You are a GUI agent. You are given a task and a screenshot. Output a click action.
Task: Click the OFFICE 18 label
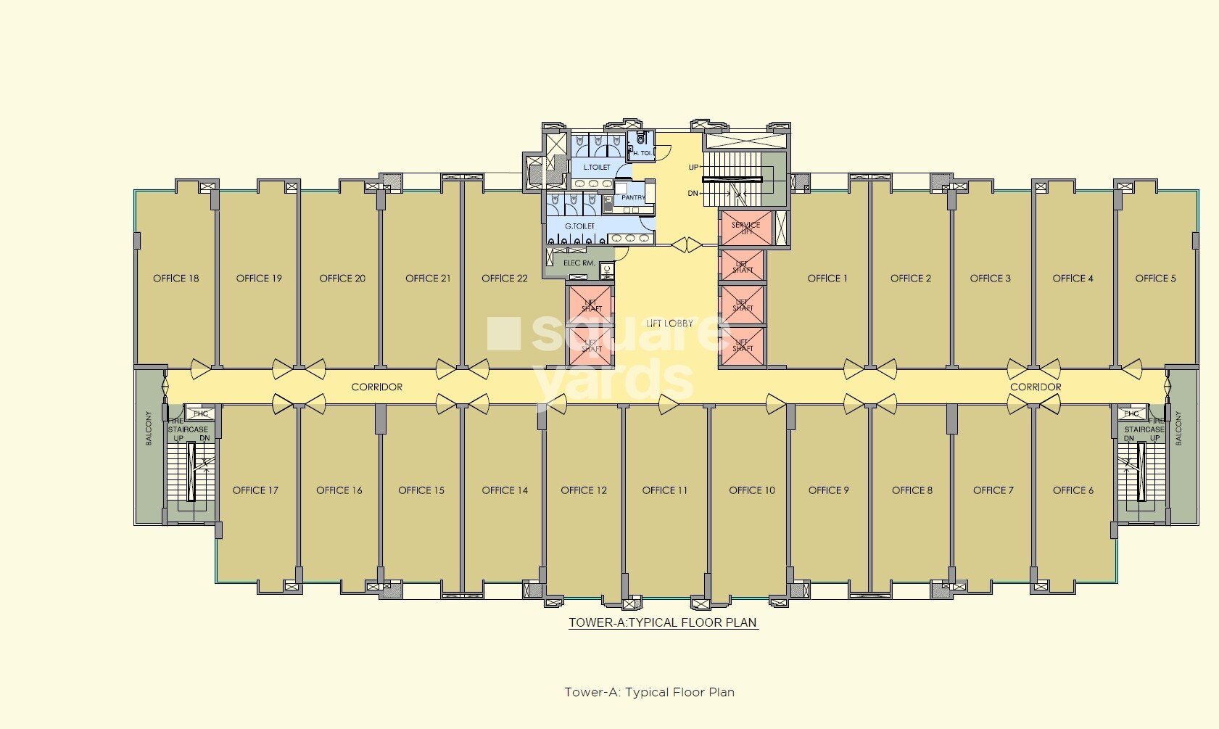(x=175, y=279)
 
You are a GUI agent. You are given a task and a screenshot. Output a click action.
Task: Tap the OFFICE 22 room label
(x=504, y=279)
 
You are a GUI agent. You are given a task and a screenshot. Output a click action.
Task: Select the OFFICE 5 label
(x=1155, y=279)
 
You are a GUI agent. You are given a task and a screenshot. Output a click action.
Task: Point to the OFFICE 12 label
(x=583, y=490)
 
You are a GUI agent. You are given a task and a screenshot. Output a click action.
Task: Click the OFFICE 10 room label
(x=751, y=490)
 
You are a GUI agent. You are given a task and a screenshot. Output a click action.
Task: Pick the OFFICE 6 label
(x=1073, y=490)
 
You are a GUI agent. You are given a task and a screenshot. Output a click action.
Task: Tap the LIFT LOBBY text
(x=669, y=324)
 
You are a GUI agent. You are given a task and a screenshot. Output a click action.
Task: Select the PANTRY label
(x=633, y=197)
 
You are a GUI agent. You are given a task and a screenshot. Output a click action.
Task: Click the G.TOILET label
(x=579, y=226)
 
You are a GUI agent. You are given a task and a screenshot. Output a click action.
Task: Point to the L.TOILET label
(x=596, y=168)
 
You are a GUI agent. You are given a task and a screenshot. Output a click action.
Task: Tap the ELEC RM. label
(x=579, y=263)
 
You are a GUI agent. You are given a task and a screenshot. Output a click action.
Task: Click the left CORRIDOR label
(x=376, y=387)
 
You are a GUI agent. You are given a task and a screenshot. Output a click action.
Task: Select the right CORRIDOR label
(x=1035, y=387)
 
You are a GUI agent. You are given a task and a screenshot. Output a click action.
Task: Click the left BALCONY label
(x=149, y=428)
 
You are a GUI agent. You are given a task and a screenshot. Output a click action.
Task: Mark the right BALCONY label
(x=1178, y=428)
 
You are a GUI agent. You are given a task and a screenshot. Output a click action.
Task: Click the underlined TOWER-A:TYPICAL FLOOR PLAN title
(x=663, y=622)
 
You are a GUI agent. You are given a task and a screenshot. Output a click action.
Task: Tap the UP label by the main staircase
(x=693, y=168)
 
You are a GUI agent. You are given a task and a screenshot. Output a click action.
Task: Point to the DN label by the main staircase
(x=693, y=194)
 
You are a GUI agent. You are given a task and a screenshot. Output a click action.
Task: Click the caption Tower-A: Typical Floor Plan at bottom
(x=649, y=692)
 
